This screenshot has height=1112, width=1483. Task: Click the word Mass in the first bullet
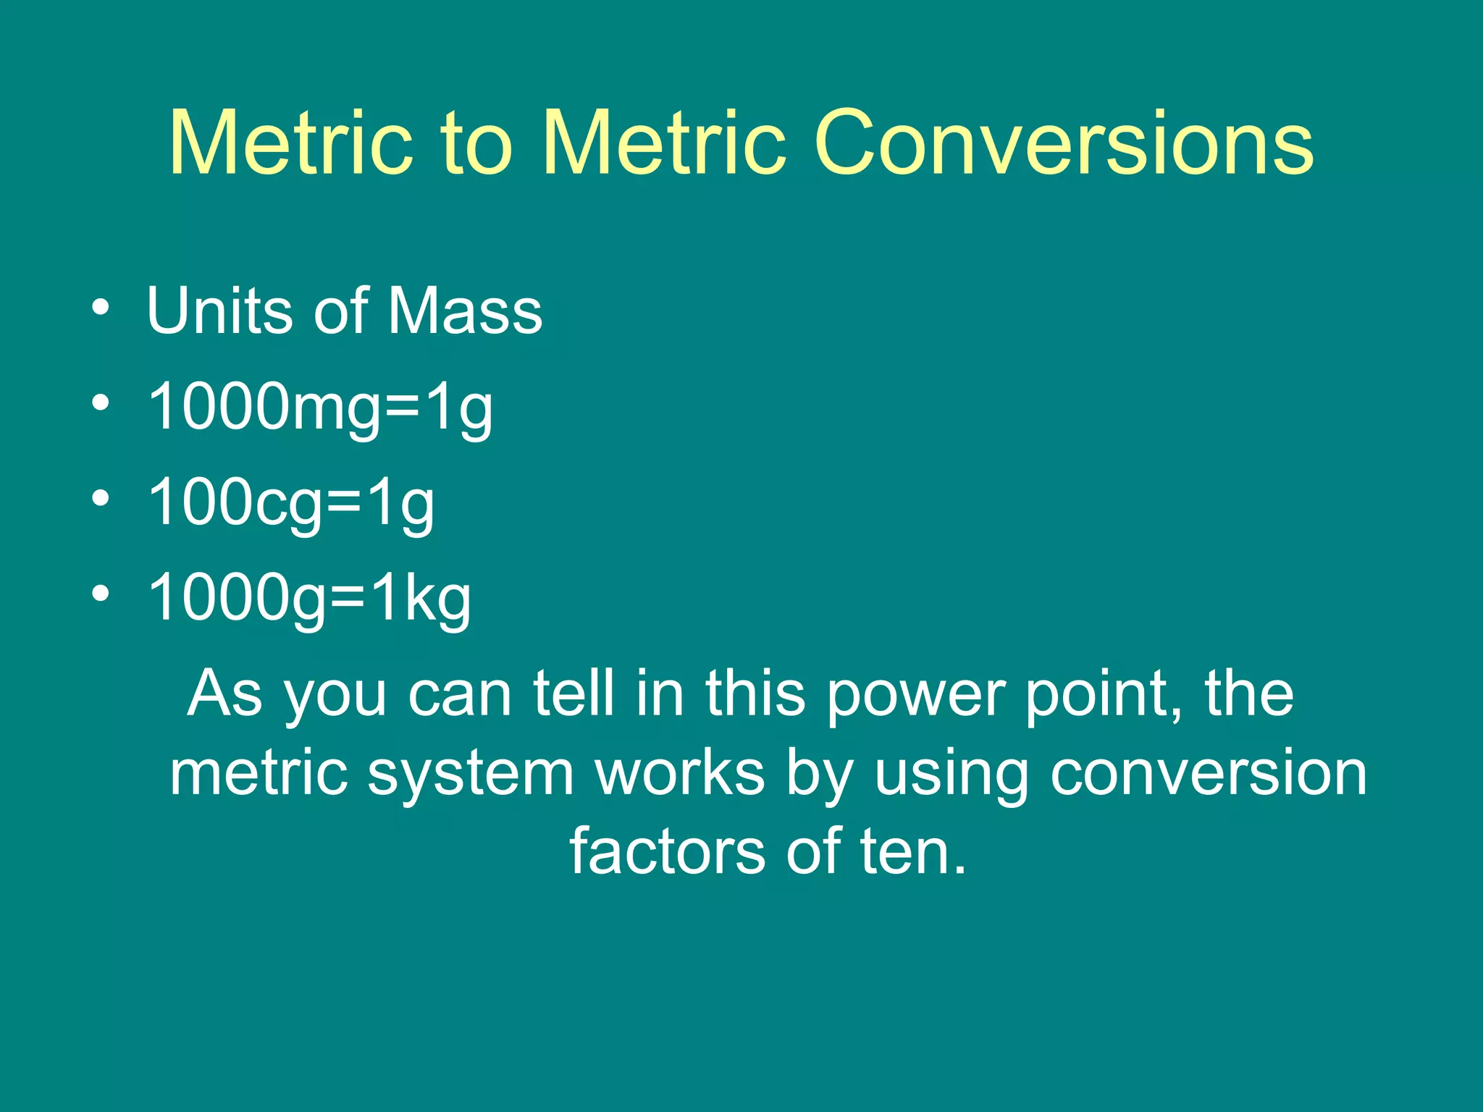pyautogui.click(x=465, y=311)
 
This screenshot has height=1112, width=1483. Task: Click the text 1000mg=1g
pyautogui.click(x=320, y=408)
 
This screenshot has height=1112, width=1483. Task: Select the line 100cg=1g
pyautogui.click(x=291, y=503)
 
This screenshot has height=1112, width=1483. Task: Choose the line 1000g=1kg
pyautogui.click(x=309, y=599)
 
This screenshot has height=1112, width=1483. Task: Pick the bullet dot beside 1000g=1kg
pyautogui.click(x=101, y=594)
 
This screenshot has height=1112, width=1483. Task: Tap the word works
pyautogui.click(x=680, y=773)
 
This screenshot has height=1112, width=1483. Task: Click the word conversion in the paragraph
pyautogui.click(x=1209, y=773)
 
